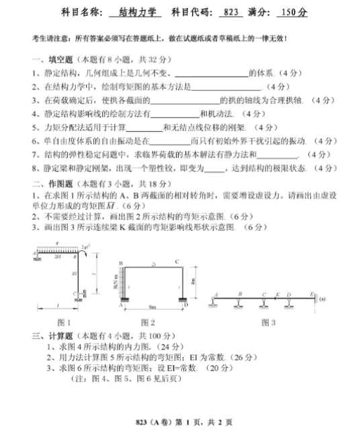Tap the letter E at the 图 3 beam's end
click(311, 294)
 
